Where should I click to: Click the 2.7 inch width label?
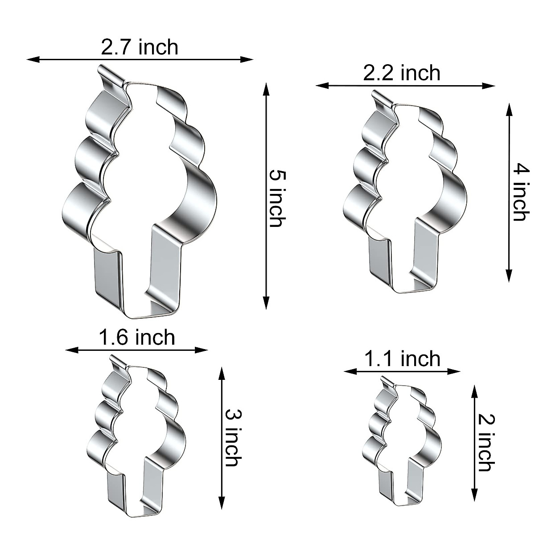pyautogui.click(x=140, y=47)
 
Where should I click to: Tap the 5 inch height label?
pyautogui.click(x=277, y=198)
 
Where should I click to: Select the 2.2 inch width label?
pyautogui.click(x=402, y=73)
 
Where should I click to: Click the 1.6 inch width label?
pyautogui.click(x=137, y=337)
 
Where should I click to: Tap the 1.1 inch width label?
pyautogui.click(x=402, y=358)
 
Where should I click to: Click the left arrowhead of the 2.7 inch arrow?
pyautogui.click(x=33, y=59)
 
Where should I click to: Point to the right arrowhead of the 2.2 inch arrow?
pyautogui.click(x=489, y=86)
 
